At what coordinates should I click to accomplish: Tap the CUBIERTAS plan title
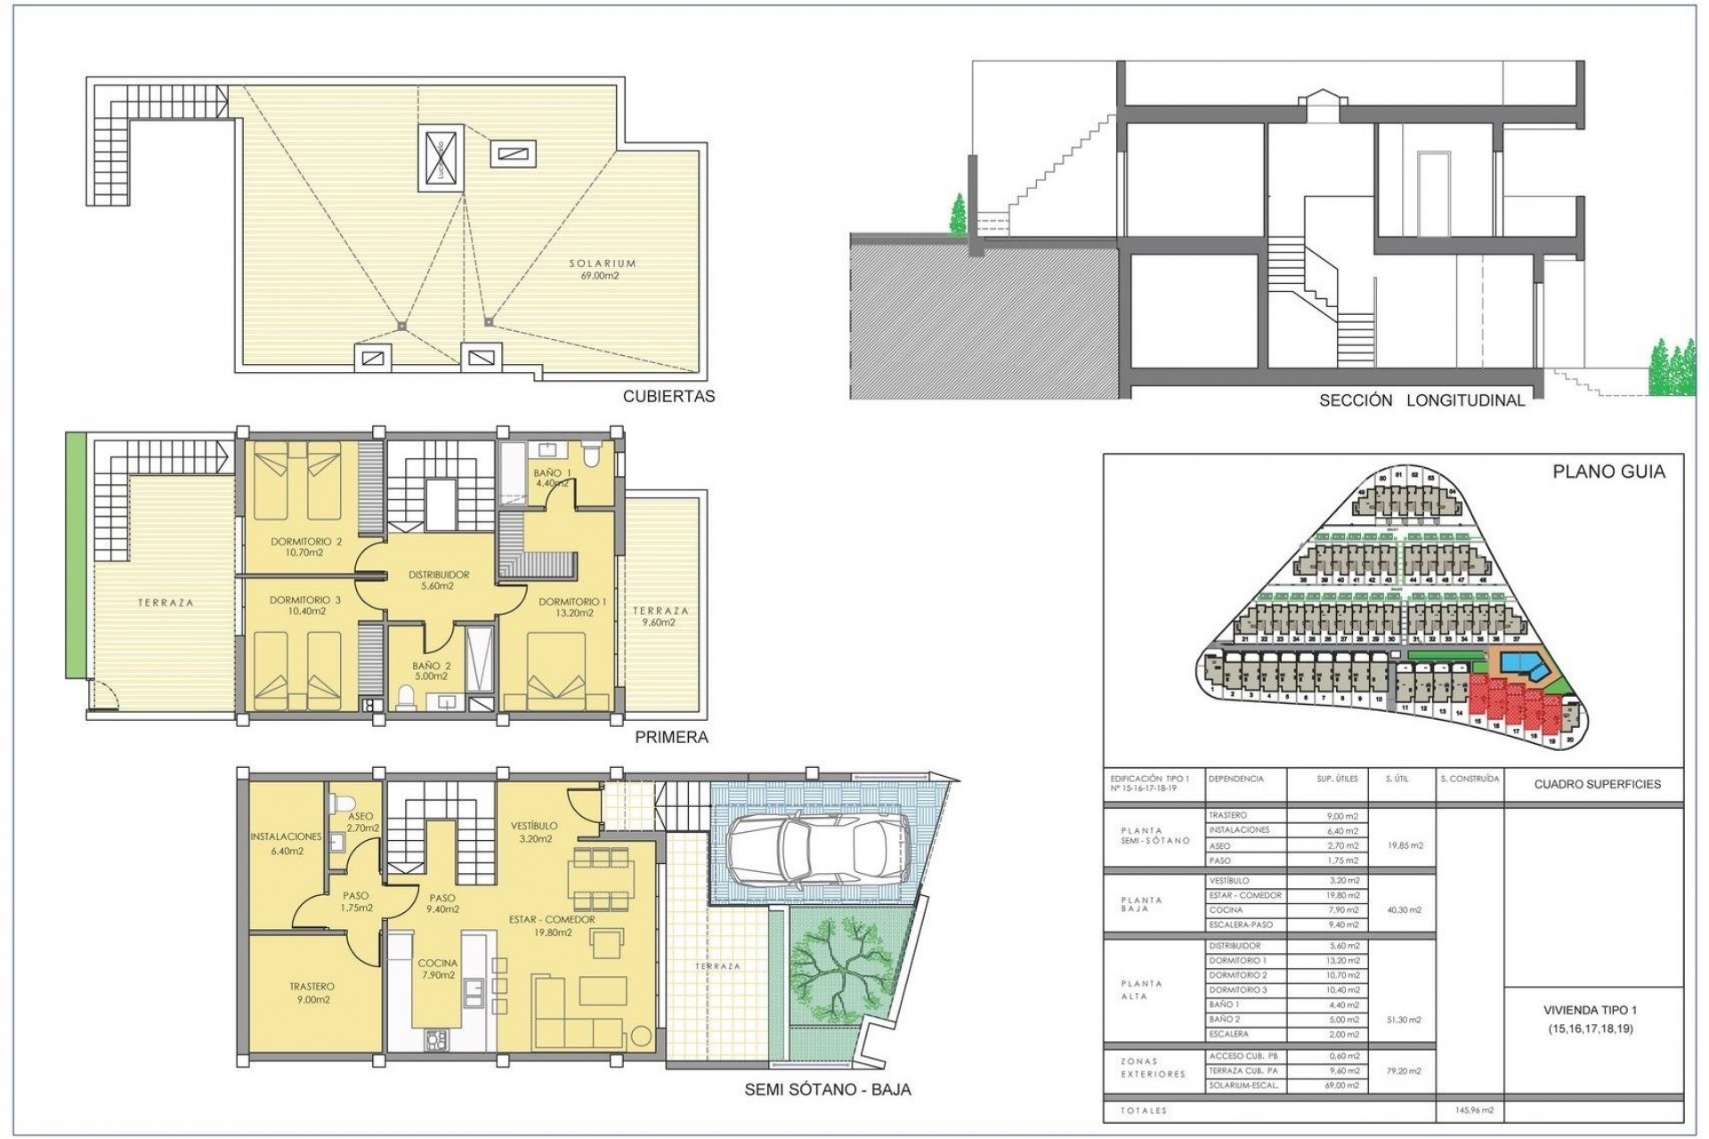[668, 397]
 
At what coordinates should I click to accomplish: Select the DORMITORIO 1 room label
[571, 608]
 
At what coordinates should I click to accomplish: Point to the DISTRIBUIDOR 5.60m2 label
[438, 580]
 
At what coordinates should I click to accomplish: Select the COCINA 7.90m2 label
[437, 969]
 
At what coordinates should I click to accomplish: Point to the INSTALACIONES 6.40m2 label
[286, 844]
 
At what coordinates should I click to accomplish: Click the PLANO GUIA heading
[1608, 473]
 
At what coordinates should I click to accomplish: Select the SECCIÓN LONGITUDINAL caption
[1421, 400]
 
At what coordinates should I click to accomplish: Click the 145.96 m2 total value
[1466, 1111]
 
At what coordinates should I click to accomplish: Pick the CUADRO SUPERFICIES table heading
[1597, 785]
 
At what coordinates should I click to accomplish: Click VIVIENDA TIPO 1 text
[1590, 1011]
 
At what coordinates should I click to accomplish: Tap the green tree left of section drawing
[957, 216]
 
